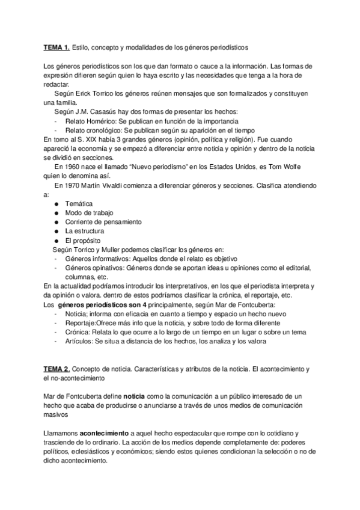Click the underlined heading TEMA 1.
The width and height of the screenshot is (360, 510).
click(x=57, y=47)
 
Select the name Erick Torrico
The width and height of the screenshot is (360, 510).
click(x=94, y=94)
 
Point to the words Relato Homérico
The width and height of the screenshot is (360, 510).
click(x=93, y=121)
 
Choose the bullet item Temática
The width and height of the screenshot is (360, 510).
click(x=79, y=204)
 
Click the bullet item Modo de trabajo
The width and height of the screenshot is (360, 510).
click(x=89, y=213)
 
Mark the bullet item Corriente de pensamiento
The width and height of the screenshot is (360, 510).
click(x=103, y=222)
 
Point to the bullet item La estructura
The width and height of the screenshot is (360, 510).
click(x=85, y=231)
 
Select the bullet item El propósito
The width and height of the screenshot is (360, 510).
click(x=82, y=240)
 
